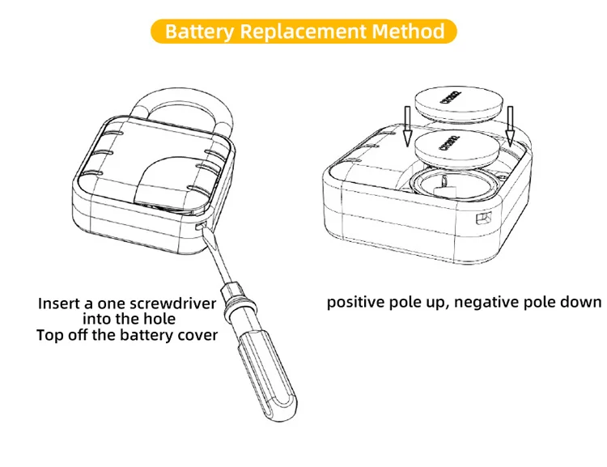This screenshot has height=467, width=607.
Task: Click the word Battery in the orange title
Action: click(x=200, y=32)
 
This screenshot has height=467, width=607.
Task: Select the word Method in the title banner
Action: click(x=409, y=32)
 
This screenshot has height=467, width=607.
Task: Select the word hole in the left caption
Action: click(x=158, y=319)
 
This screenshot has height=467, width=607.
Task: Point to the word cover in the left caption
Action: click(x=197, y=334)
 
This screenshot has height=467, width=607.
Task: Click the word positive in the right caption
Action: click(x=354, y=303)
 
